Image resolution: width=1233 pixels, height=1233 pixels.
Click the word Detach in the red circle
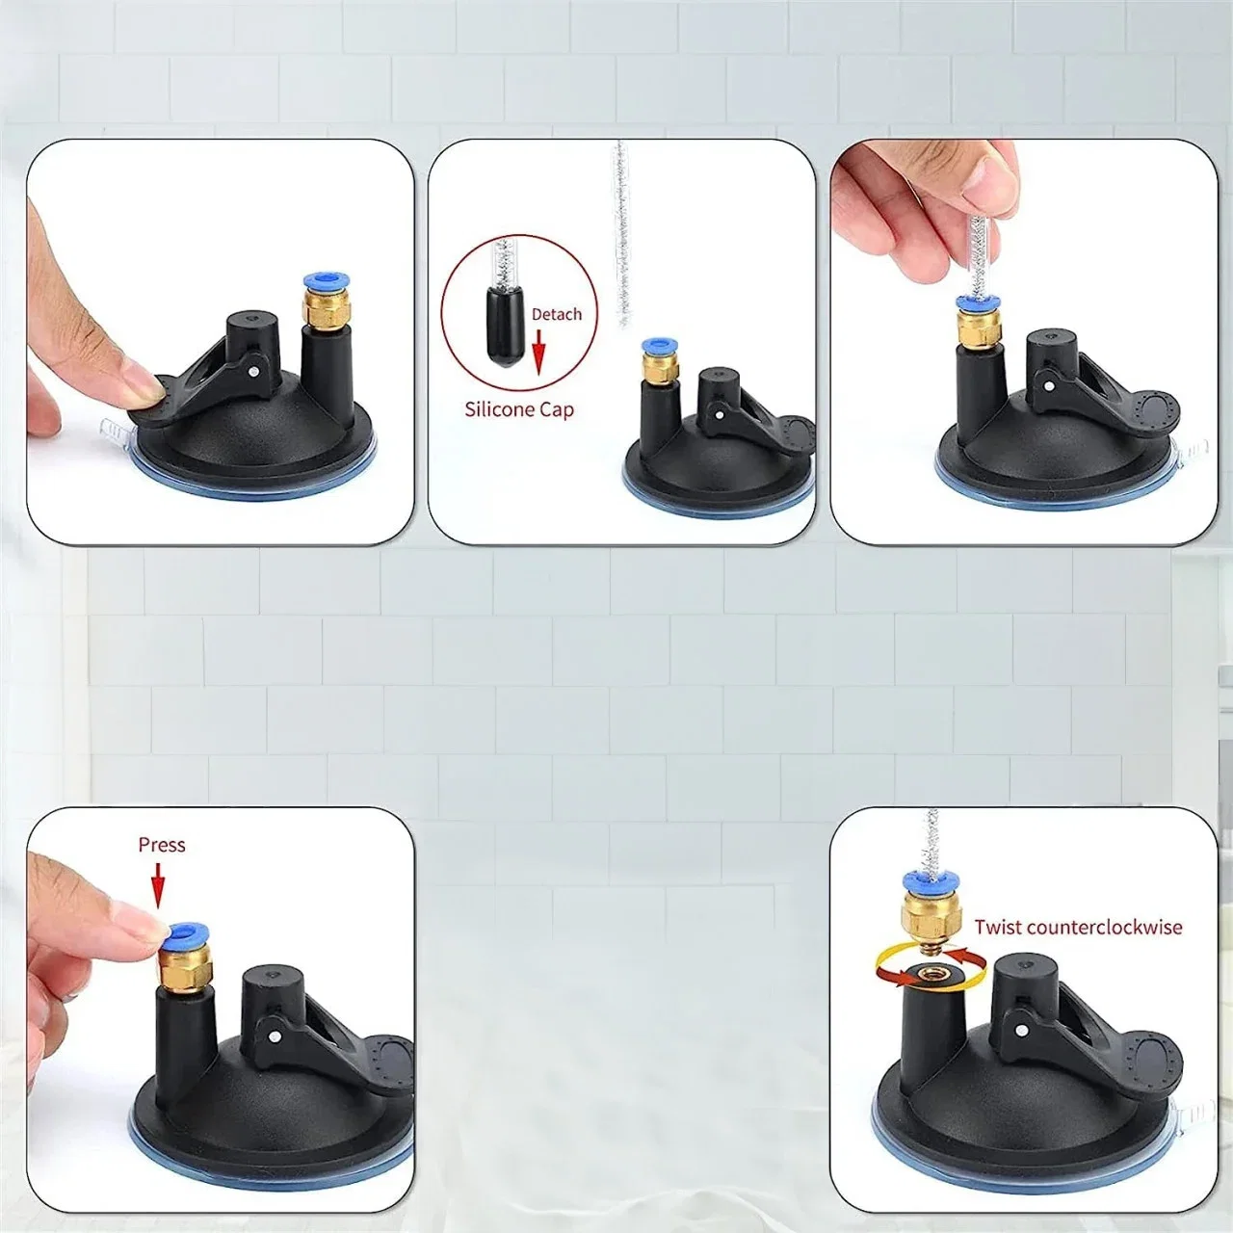(x=557, y=314)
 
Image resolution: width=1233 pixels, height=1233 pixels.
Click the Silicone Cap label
(x=519, y=408)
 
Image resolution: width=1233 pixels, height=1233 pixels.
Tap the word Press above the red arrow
(x=162, y=845)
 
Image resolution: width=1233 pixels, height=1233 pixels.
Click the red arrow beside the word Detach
(x=538, y=352)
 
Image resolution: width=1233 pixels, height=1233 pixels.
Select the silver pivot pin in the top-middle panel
(x=721, y=415)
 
